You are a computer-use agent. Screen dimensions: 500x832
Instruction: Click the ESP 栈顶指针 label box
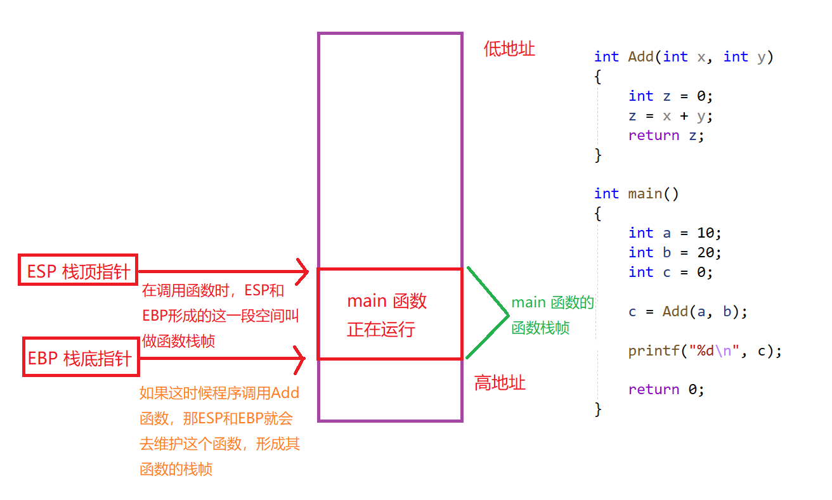(x=78, y=272)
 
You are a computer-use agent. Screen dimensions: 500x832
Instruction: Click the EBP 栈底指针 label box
(x=80, y=359)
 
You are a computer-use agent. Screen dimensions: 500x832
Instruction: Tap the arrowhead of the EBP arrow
(x=302, y=359)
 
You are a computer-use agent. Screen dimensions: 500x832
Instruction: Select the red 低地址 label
(x=509, y=49)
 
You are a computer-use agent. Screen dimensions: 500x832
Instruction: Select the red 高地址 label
(x=500, y=383)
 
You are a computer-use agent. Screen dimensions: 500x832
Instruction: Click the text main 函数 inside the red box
(x=387, y=301)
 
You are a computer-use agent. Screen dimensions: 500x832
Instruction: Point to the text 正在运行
(x=380, y=330)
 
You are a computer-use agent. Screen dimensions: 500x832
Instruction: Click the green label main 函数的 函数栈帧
(x=552, y=315)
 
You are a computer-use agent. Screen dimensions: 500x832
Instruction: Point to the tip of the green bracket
(x=508, y=315)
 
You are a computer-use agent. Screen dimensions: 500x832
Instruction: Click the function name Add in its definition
(x=640, y=57)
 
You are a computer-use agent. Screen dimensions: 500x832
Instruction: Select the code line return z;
(x=666, y=135)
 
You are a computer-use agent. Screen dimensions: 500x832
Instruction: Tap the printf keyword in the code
(x=653, y=350)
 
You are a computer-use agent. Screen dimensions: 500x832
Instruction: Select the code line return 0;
(x=666, y=389)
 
